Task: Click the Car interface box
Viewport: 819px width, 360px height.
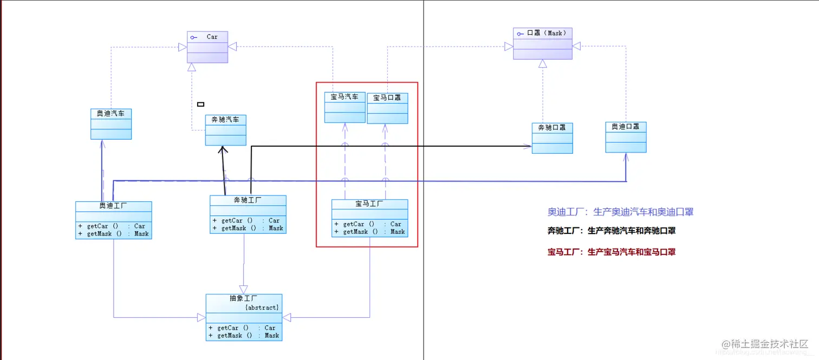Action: point(207,47)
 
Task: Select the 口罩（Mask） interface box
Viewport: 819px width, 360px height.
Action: point(542,43)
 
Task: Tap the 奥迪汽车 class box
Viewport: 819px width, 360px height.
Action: point(111,123)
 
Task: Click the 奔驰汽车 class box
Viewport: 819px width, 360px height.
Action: point(225,130)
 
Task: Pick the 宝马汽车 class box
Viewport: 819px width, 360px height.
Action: point(345,107)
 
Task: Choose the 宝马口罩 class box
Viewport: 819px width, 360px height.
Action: point(387,108)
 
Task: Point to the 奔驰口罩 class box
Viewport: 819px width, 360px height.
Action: point(552,138)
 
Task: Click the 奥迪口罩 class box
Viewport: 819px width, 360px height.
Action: point(626,137)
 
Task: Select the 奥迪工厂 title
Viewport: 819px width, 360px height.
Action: point(113,206)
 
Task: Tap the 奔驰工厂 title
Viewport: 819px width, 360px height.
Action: point(248,200)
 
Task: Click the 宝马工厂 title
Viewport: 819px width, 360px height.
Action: point(369,204)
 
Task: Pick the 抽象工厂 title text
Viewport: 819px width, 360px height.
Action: point(232,298)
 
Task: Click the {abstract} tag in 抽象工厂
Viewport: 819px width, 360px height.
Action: point(262,307)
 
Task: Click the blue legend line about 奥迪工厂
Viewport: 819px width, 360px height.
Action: point(620,212)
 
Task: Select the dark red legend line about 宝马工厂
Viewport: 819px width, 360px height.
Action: point(612,252)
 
